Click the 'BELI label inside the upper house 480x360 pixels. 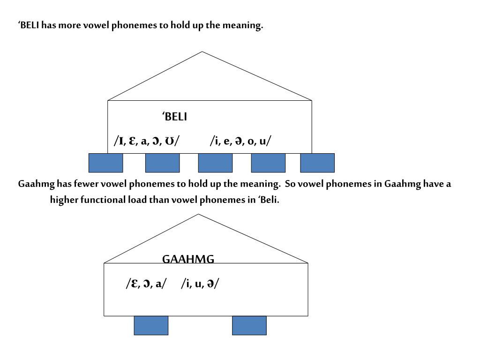174,117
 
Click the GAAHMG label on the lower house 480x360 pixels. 188,259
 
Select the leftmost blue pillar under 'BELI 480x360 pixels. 106,163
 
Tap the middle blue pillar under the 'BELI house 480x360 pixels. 215,163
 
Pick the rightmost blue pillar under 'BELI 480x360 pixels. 317,163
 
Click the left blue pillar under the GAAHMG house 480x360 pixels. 151,325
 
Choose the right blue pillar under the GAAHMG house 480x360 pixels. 249,325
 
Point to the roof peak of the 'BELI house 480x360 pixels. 202,52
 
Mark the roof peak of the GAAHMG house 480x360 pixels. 199,215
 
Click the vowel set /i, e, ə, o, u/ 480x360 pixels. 240,141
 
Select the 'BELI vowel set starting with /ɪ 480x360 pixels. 146,141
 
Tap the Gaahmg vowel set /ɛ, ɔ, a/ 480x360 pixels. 146,284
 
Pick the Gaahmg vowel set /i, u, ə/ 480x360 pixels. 200,284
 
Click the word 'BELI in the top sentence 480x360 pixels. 28,25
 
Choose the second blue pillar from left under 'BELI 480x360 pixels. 162,163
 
